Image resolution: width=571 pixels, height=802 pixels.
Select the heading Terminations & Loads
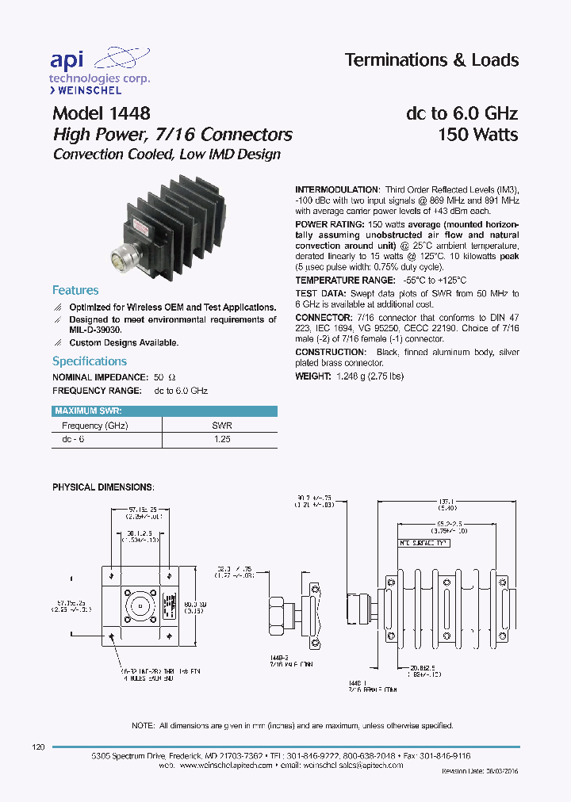pos(431,60)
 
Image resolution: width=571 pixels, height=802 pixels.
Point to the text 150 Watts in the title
pos(477,135)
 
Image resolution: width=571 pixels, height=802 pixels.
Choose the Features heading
pos(75,290)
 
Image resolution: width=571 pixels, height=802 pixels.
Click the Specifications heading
pos(90,361)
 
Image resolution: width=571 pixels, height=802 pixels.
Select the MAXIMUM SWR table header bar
pos(164,411)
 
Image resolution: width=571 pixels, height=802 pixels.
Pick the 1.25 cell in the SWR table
pos(222,438)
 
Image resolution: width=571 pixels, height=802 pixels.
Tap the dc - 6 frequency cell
pos(73,438)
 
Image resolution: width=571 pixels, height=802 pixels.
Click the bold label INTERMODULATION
pos(337,190)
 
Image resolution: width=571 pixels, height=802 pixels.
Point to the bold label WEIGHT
pos(312,376)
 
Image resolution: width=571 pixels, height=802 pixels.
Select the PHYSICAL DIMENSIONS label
pos(103,486)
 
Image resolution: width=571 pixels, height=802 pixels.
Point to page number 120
pos(37,747)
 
